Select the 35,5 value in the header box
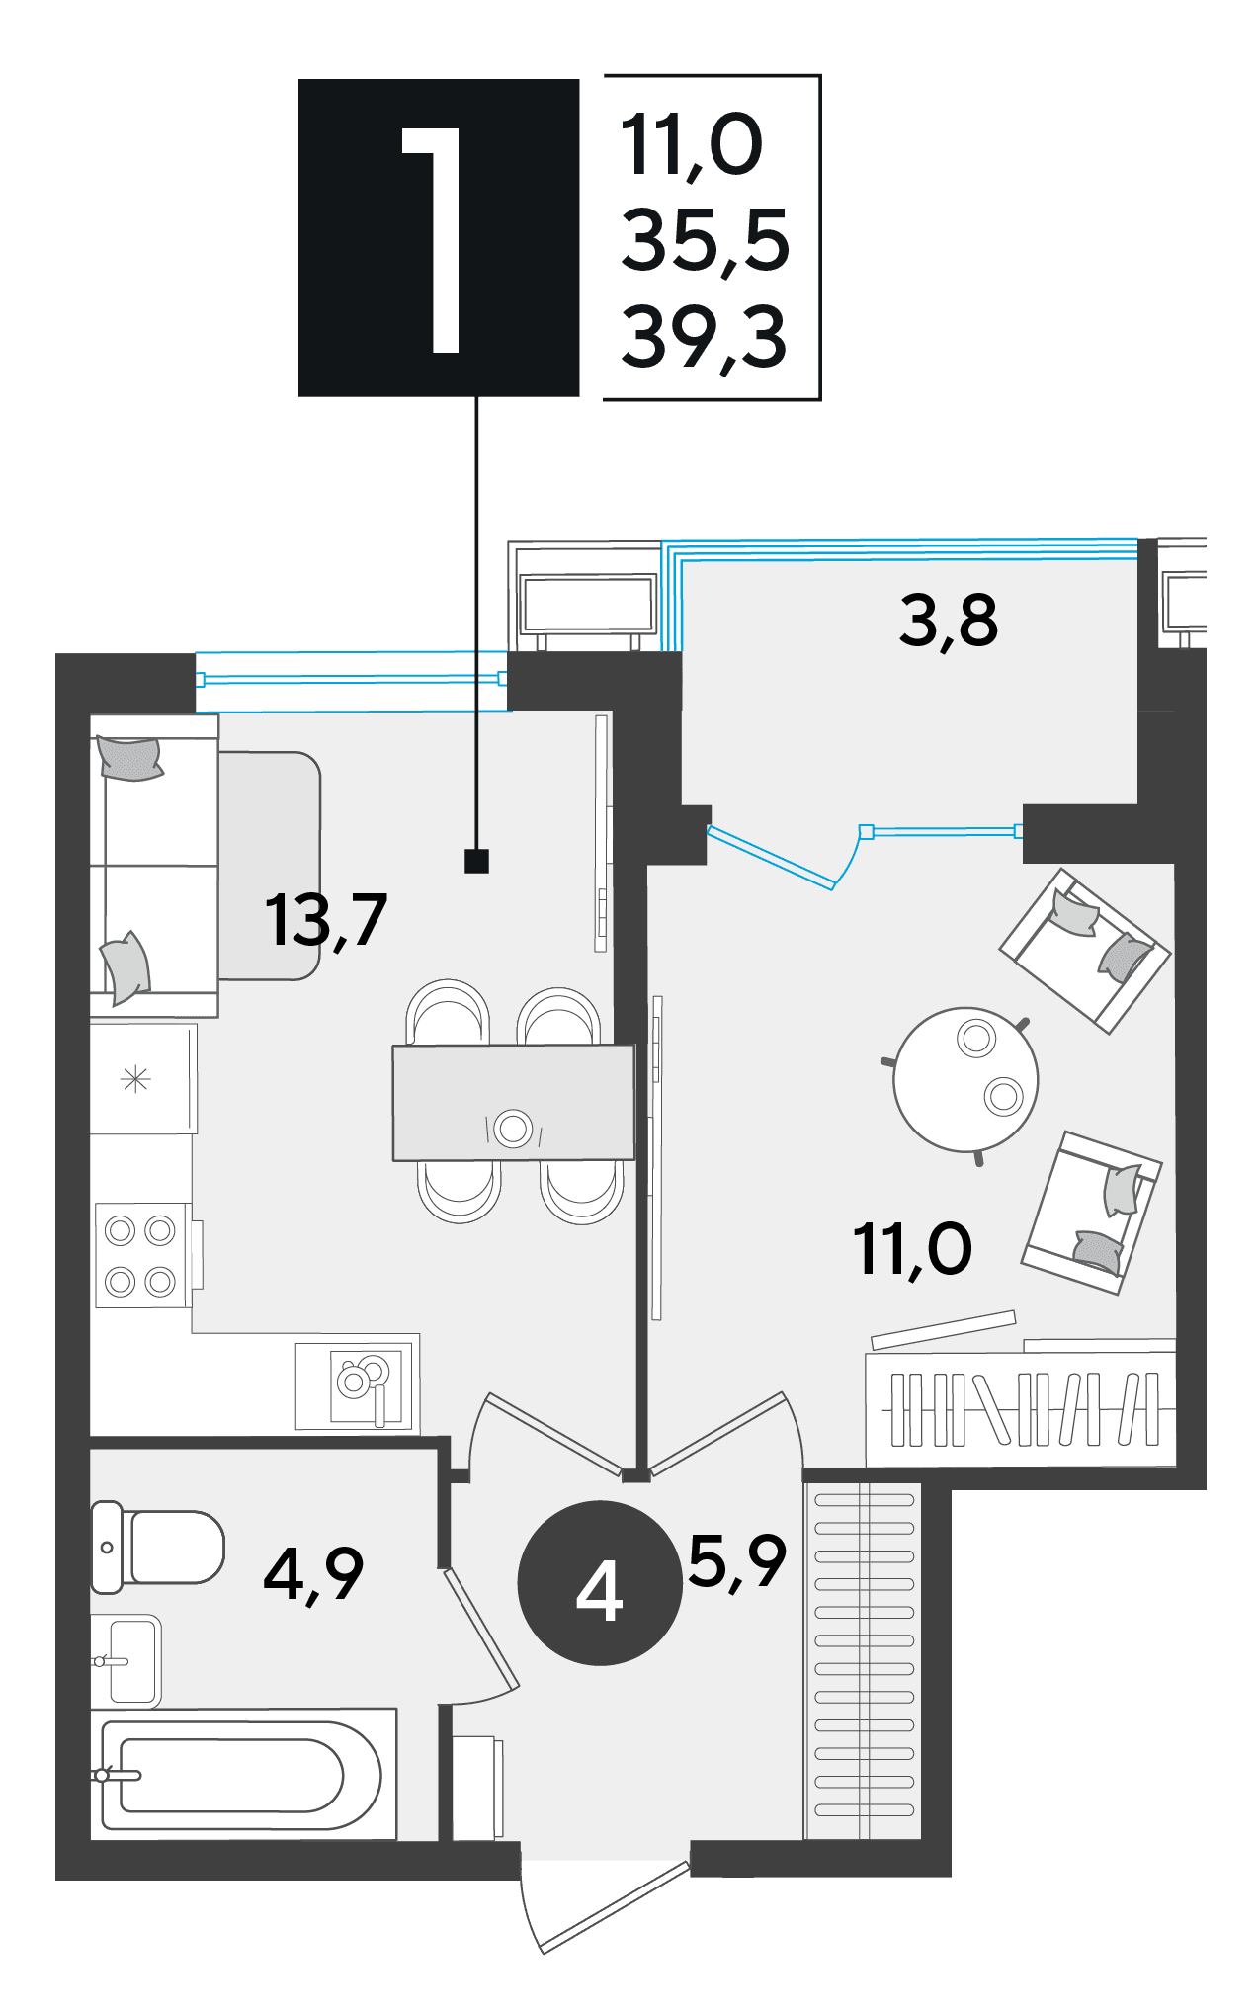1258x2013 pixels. [x=705, y=240]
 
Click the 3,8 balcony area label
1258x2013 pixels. [x=948, y=623]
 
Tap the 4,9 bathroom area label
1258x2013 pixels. [x=313, y=1575]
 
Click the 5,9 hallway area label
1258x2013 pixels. [x=737, y=1563]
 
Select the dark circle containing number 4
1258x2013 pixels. [x=600, y=1582]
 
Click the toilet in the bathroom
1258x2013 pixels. [x=158, y=1548]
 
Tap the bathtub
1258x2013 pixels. [x=242, y=1776]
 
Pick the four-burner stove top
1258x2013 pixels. [x=142, y=1256]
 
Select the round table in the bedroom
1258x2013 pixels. [x=965, y=1079]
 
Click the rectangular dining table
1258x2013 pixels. [x=513, y=1103]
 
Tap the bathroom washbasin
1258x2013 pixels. [x=126, y=1661]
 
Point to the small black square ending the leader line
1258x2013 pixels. [x=476, y=862]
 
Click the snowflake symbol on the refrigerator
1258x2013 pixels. [x=135, y=1079]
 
